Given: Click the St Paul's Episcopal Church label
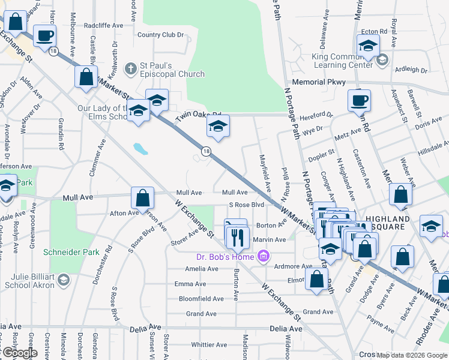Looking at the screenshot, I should click(x=172, y=70).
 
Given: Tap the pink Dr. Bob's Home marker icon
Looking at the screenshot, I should click(x=262, y=257).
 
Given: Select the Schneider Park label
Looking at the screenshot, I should click(x=71, y=253).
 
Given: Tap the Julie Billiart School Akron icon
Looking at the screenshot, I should click(x=62, y=280).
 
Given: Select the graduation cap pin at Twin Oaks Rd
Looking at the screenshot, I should click(x=218, y=127).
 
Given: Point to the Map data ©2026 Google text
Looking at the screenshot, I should click(x=412, y=355).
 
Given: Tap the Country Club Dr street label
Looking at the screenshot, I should click(x=160, y=35).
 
